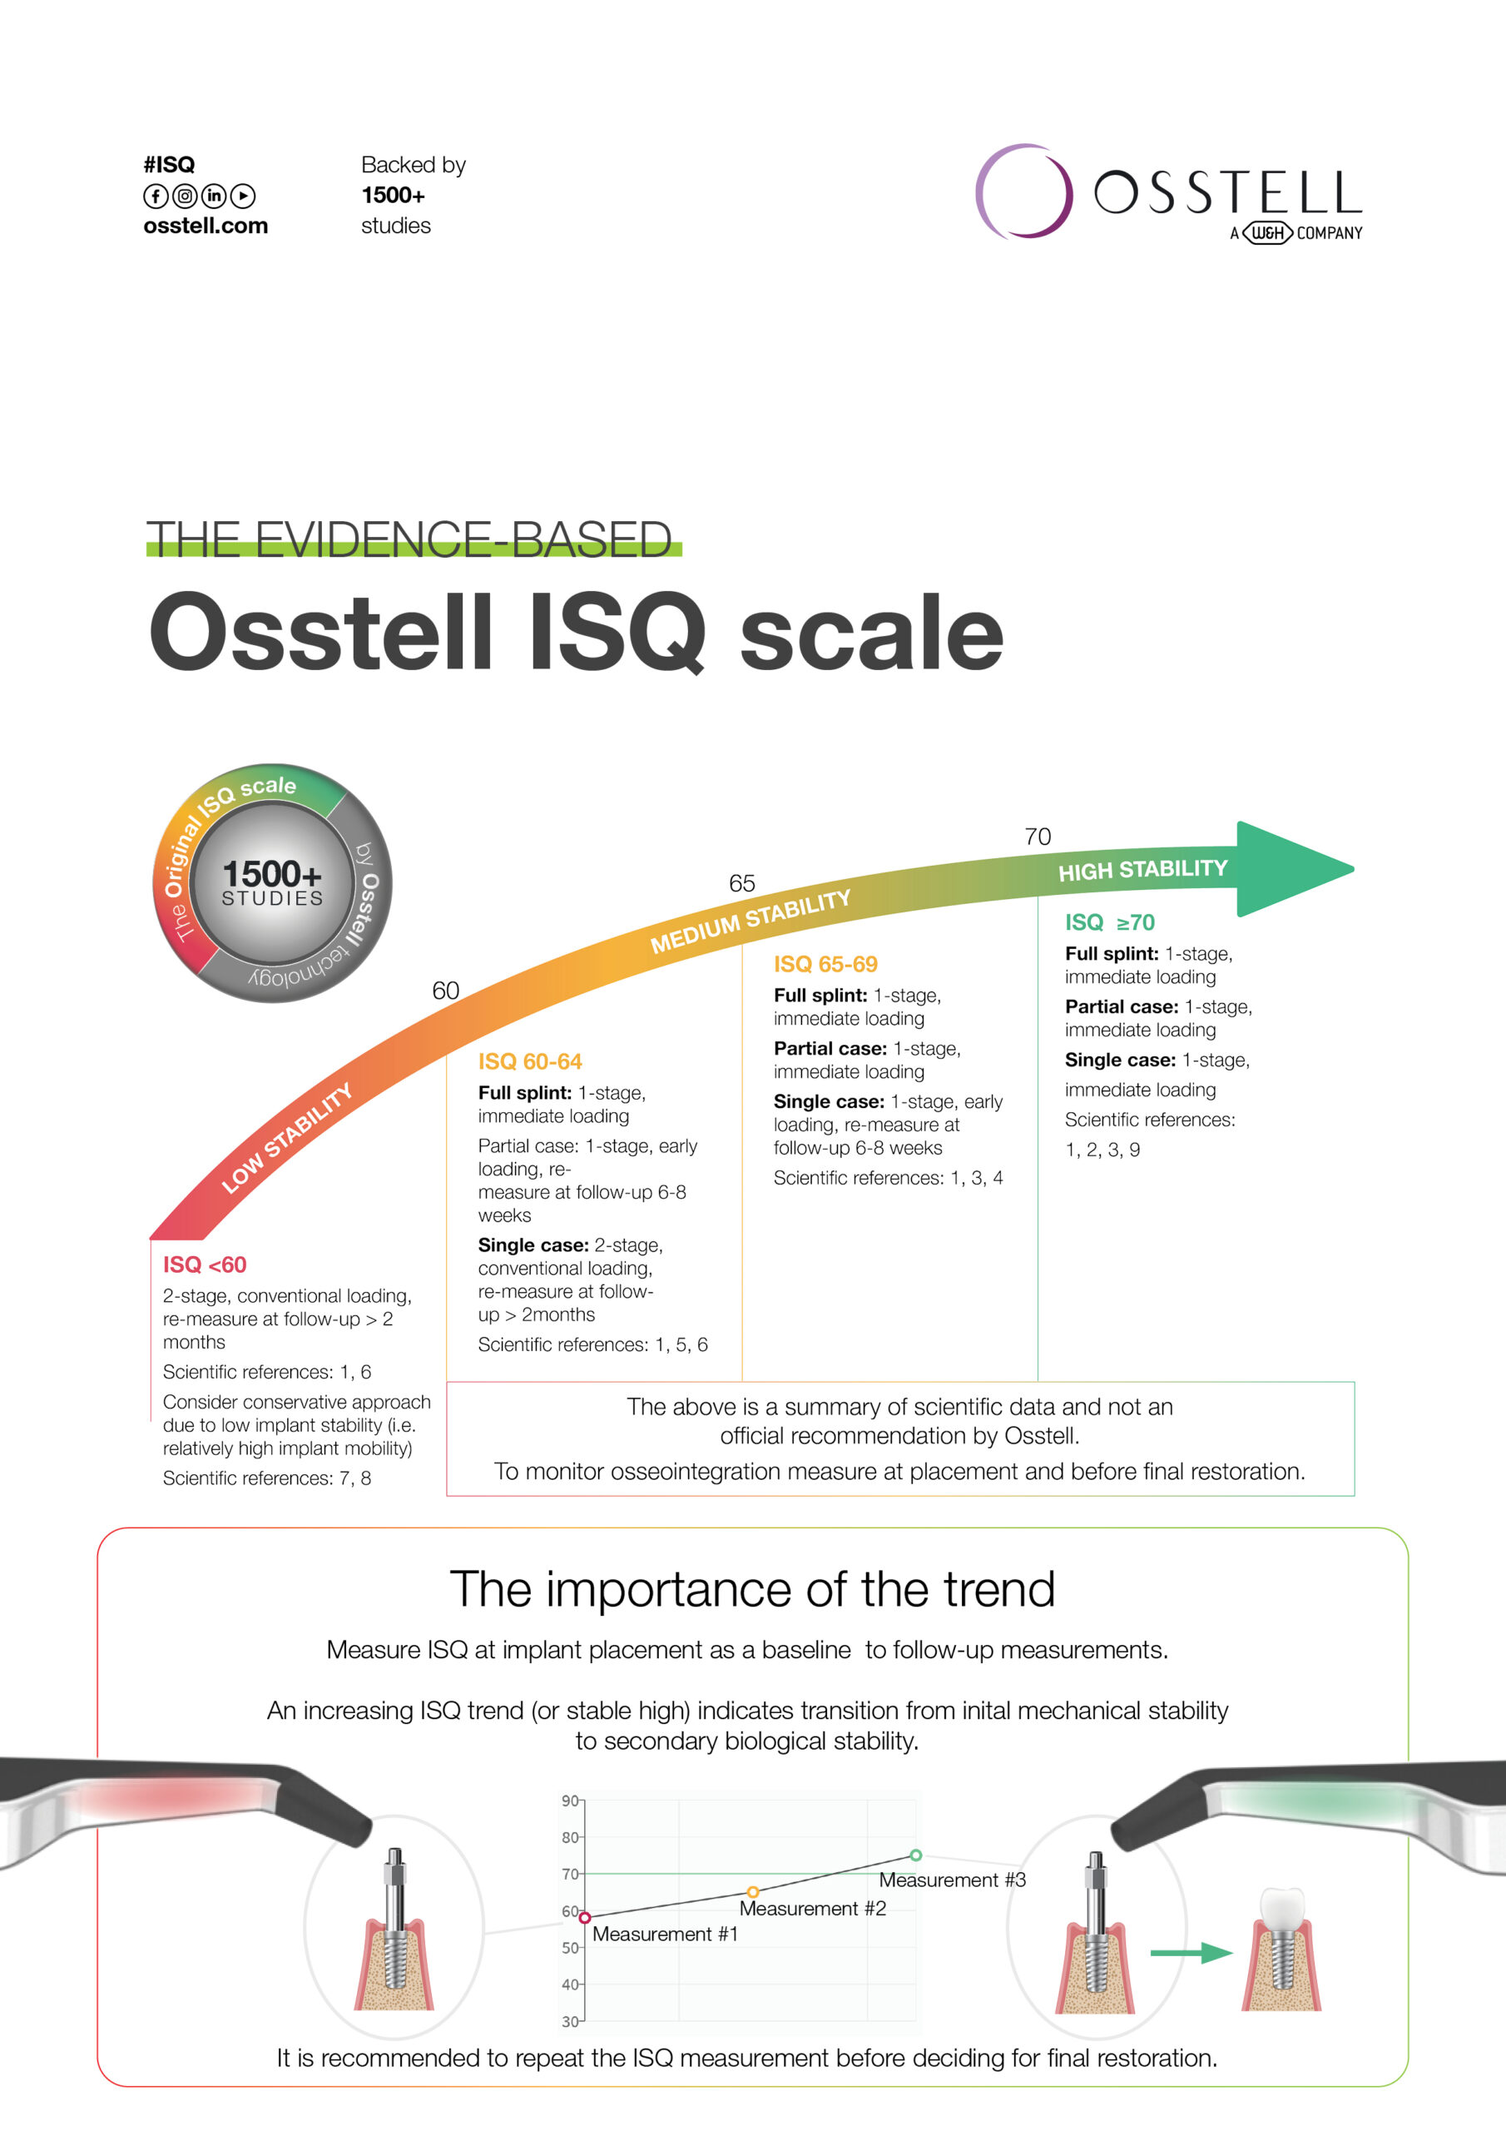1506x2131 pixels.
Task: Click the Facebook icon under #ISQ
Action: pos(156,196)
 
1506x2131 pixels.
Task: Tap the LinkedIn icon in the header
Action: pos(214,196)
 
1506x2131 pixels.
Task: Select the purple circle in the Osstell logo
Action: pos(1023,191)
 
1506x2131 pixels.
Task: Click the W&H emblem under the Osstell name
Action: pos(1266,233)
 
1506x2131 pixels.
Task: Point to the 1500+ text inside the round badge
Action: pos(272,873)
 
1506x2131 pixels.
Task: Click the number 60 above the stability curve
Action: pos(445,991)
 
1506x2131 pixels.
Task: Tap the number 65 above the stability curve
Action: pos(741,882)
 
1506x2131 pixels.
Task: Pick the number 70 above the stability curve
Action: pos(1038,837)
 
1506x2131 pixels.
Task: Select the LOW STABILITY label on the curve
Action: pos(287,1138)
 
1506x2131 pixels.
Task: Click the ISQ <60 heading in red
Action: pos(204,1264)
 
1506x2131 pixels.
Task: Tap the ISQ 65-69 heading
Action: pos(825,963)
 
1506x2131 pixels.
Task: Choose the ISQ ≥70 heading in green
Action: pos(1109,921)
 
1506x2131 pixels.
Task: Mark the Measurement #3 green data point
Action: pos(916,1855)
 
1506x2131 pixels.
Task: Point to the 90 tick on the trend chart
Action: pos(570,1801)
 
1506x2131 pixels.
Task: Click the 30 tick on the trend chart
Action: pos(570,2021)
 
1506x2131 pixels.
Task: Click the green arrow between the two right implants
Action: pos(1191,1954)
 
